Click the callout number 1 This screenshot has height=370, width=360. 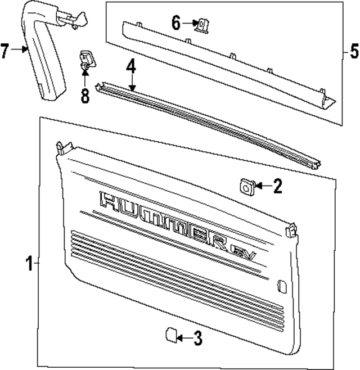tap(29, 263)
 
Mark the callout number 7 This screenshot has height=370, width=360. tap(6, 51)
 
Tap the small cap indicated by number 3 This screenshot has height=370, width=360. tap(169, 336)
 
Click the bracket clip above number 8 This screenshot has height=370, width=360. tap(86, 59)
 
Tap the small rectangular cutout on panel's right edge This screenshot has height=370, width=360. tap(281, 287)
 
